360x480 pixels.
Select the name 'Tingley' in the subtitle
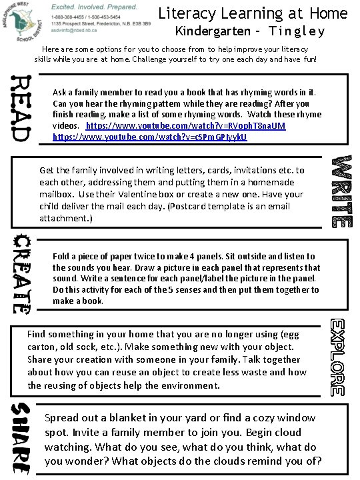[299, 31]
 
